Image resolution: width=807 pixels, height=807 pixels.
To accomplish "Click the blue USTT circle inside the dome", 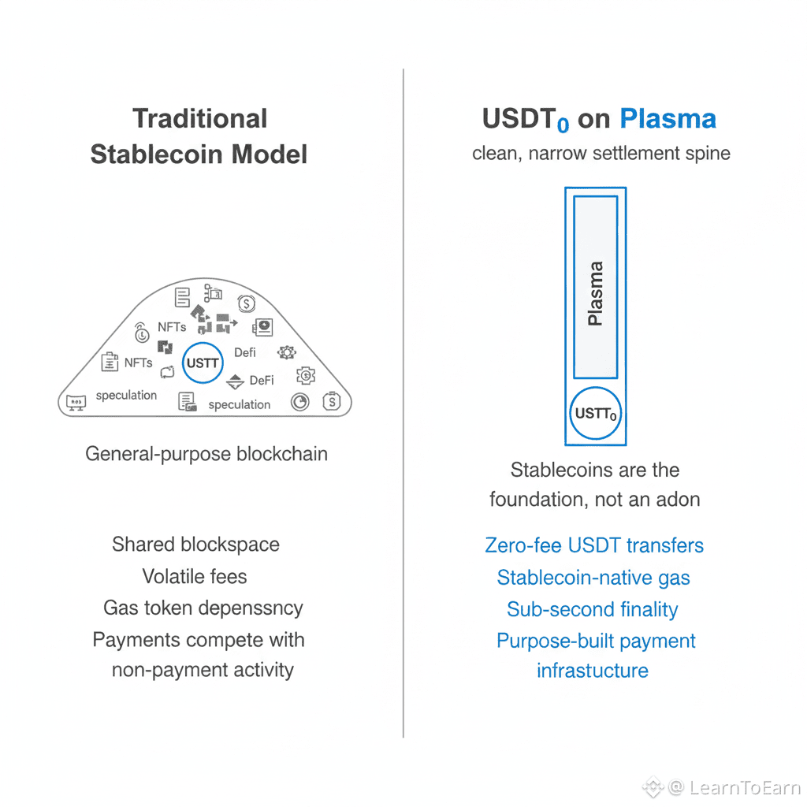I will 203,363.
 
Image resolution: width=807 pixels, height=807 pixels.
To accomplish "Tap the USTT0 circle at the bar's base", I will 596,413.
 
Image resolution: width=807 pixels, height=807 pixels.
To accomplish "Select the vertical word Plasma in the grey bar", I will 596,293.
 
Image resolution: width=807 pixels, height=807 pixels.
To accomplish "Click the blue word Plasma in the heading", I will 668,119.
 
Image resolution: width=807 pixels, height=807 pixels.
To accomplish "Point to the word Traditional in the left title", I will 200,119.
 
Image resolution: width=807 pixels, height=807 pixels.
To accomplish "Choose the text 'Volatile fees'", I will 195,576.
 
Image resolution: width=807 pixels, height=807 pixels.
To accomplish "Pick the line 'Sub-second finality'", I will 592,609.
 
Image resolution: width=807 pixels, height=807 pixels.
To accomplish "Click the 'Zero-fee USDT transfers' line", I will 594,545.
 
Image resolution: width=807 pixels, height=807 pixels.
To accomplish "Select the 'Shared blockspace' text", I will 195,544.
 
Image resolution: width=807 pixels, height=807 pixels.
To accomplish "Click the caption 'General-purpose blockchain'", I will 206,454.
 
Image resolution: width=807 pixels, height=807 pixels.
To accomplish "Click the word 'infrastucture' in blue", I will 593,671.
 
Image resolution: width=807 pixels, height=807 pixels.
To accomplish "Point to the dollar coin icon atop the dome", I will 246,302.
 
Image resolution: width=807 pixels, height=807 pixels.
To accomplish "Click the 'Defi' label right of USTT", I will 245,352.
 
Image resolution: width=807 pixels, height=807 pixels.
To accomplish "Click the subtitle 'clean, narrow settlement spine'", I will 601,152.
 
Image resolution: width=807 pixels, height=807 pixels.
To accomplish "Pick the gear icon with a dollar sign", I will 305,375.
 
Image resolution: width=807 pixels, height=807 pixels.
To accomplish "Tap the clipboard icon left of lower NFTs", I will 110,363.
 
